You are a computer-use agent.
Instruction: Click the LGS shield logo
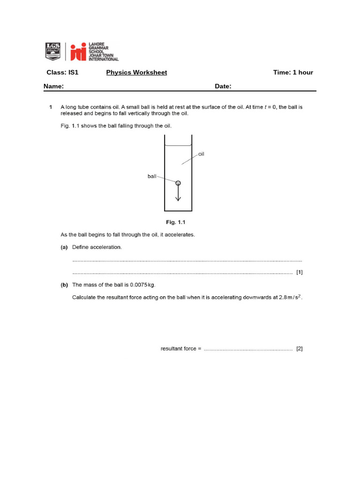tap(52, 51)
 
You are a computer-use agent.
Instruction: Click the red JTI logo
tap(78, 52)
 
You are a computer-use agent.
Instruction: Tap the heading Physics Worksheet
tap(136, 72)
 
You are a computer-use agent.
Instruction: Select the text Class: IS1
tap(62, 72)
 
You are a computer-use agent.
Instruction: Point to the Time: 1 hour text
tap(293, 72)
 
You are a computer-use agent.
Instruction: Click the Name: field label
tap(54, 86)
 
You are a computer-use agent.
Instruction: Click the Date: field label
tap(223, 86)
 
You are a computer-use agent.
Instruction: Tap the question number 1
tap(51, 107)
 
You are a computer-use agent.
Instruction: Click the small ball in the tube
tap(178, 183)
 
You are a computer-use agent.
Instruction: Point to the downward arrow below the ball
tap(178, 194)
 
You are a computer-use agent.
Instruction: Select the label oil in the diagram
tap(201, 154)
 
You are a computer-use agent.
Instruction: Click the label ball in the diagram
tap(152, 176)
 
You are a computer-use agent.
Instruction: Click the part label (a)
tap(64, 247)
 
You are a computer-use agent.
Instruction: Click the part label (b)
tap(64, 285)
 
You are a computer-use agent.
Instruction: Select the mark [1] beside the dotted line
tap(299, 272)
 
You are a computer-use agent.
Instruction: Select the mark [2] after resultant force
tap(299, 349)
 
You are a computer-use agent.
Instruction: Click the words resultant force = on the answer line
tap(180, 349)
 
